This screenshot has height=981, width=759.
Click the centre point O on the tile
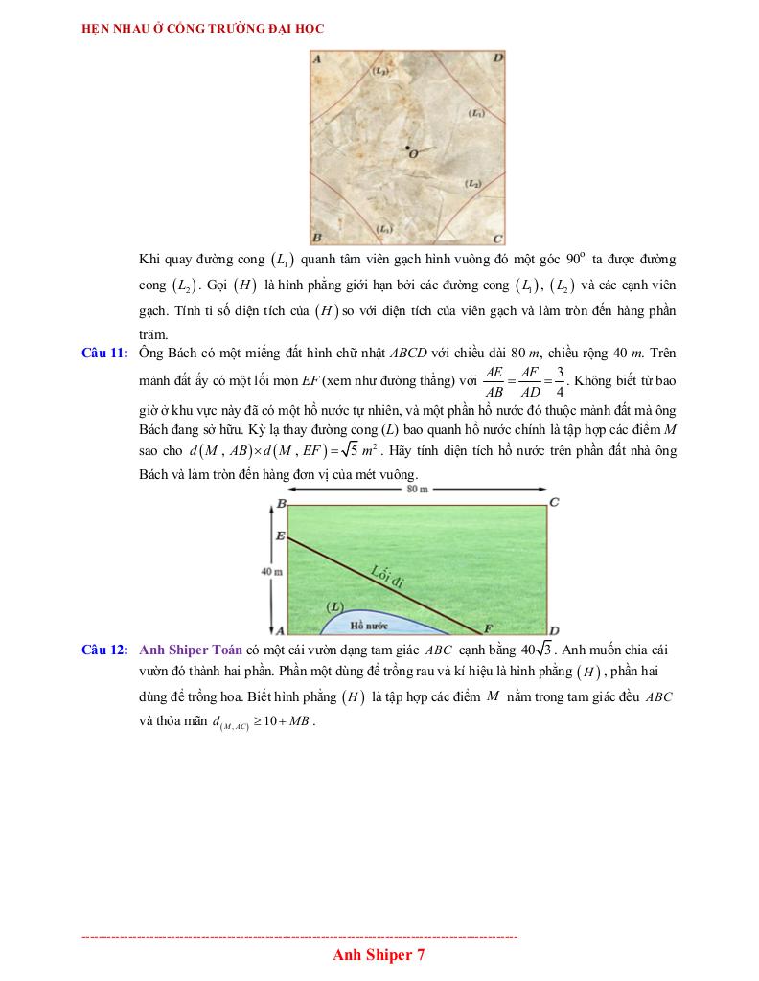click(408, 148)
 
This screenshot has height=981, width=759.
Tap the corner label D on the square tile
click(497, 58)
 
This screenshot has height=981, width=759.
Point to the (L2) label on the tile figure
click(473, 183)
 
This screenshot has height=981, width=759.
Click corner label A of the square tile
click(317, 58)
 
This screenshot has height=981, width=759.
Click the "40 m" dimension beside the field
click(269, 571)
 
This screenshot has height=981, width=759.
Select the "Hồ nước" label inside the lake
click(369, 625)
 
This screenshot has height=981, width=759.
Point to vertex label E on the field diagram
click(279, 536)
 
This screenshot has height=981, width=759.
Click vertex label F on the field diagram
click(487, 628)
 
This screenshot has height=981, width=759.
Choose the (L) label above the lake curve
click(334, 606)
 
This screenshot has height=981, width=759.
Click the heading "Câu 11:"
click(104, 354)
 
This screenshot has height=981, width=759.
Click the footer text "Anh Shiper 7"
click(379, 954)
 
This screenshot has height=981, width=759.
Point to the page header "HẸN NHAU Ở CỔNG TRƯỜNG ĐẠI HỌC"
click(204, 29)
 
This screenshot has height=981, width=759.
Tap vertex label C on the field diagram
click(554, 502)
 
